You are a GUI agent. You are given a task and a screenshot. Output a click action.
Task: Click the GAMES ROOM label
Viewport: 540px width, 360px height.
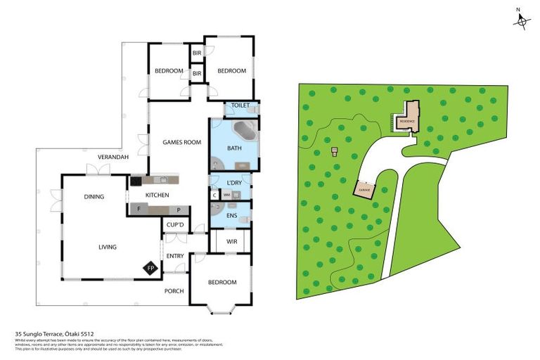click(181, 142)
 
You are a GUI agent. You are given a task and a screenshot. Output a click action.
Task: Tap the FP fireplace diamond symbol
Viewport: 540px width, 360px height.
click(150, 268)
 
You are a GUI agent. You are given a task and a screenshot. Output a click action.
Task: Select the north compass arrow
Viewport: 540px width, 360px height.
click(521, 20)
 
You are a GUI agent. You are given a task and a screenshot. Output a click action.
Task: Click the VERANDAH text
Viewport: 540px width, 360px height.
click(112, 157)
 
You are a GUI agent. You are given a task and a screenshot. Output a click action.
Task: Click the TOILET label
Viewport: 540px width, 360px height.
click(240, 105)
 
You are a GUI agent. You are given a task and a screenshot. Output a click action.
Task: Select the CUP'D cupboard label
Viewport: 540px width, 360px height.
click(174, 226)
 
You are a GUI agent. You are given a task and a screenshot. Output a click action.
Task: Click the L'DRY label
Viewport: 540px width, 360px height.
click(234, 183)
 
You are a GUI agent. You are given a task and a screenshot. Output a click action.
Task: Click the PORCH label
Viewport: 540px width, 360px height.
click(174, 290)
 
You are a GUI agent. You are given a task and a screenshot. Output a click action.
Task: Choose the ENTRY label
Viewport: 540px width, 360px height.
click(174, 256)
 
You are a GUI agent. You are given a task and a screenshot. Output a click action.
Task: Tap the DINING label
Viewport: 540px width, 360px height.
click(94, 197)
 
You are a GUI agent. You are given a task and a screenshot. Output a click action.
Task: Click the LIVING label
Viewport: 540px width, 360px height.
click(108, 247)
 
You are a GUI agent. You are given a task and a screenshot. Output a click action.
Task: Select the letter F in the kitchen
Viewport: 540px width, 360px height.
click(139, 209)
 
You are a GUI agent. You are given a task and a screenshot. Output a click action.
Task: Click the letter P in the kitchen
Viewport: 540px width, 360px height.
click(179, 209)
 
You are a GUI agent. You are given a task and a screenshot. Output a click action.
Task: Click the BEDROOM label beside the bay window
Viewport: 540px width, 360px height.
click(222, 282)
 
